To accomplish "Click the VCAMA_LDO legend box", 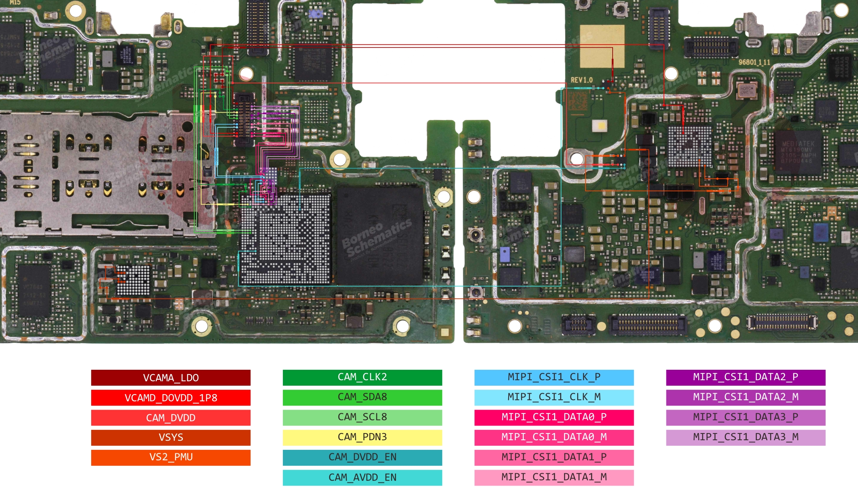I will tap(170, 377).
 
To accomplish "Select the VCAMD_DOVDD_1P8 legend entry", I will tap(170, 398).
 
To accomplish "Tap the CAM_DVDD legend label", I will tap(170, 418).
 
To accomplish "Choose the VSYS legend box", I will tap(170, 437).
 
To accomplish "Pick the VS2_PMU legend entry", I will tap(170, 457).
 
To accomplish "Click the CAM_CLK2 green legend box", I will tap(362, 377).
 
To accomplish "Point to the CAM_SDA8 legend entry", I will tap(362, 397).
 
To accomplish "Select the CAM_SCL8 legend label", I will tap(362, 417).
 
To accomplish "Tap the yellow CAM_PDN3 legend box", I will tap(362, 437).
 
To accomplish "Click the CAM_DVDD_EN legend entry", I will tap(362, 457).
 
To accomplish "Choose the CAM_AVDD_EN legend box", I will tap(362, 477).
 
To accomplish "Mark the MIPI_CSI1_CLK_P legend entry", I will tap(554, 377).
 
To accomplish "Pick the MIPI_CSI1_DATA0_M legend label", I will tap(554, 437).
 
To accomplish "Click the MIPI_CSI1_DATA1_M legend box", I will tap(554, 477).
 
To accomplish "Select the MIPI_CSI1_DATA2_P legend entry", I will tap(745, 377).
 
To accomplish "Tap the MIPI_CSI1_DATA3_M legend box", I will tap(745, 437).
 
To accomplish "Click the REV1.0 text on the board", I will tap(582, 80).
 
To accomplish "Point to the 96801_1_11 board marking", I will tap(754, 62).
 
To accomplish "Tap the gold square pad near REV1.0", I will tap(602, 46).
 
